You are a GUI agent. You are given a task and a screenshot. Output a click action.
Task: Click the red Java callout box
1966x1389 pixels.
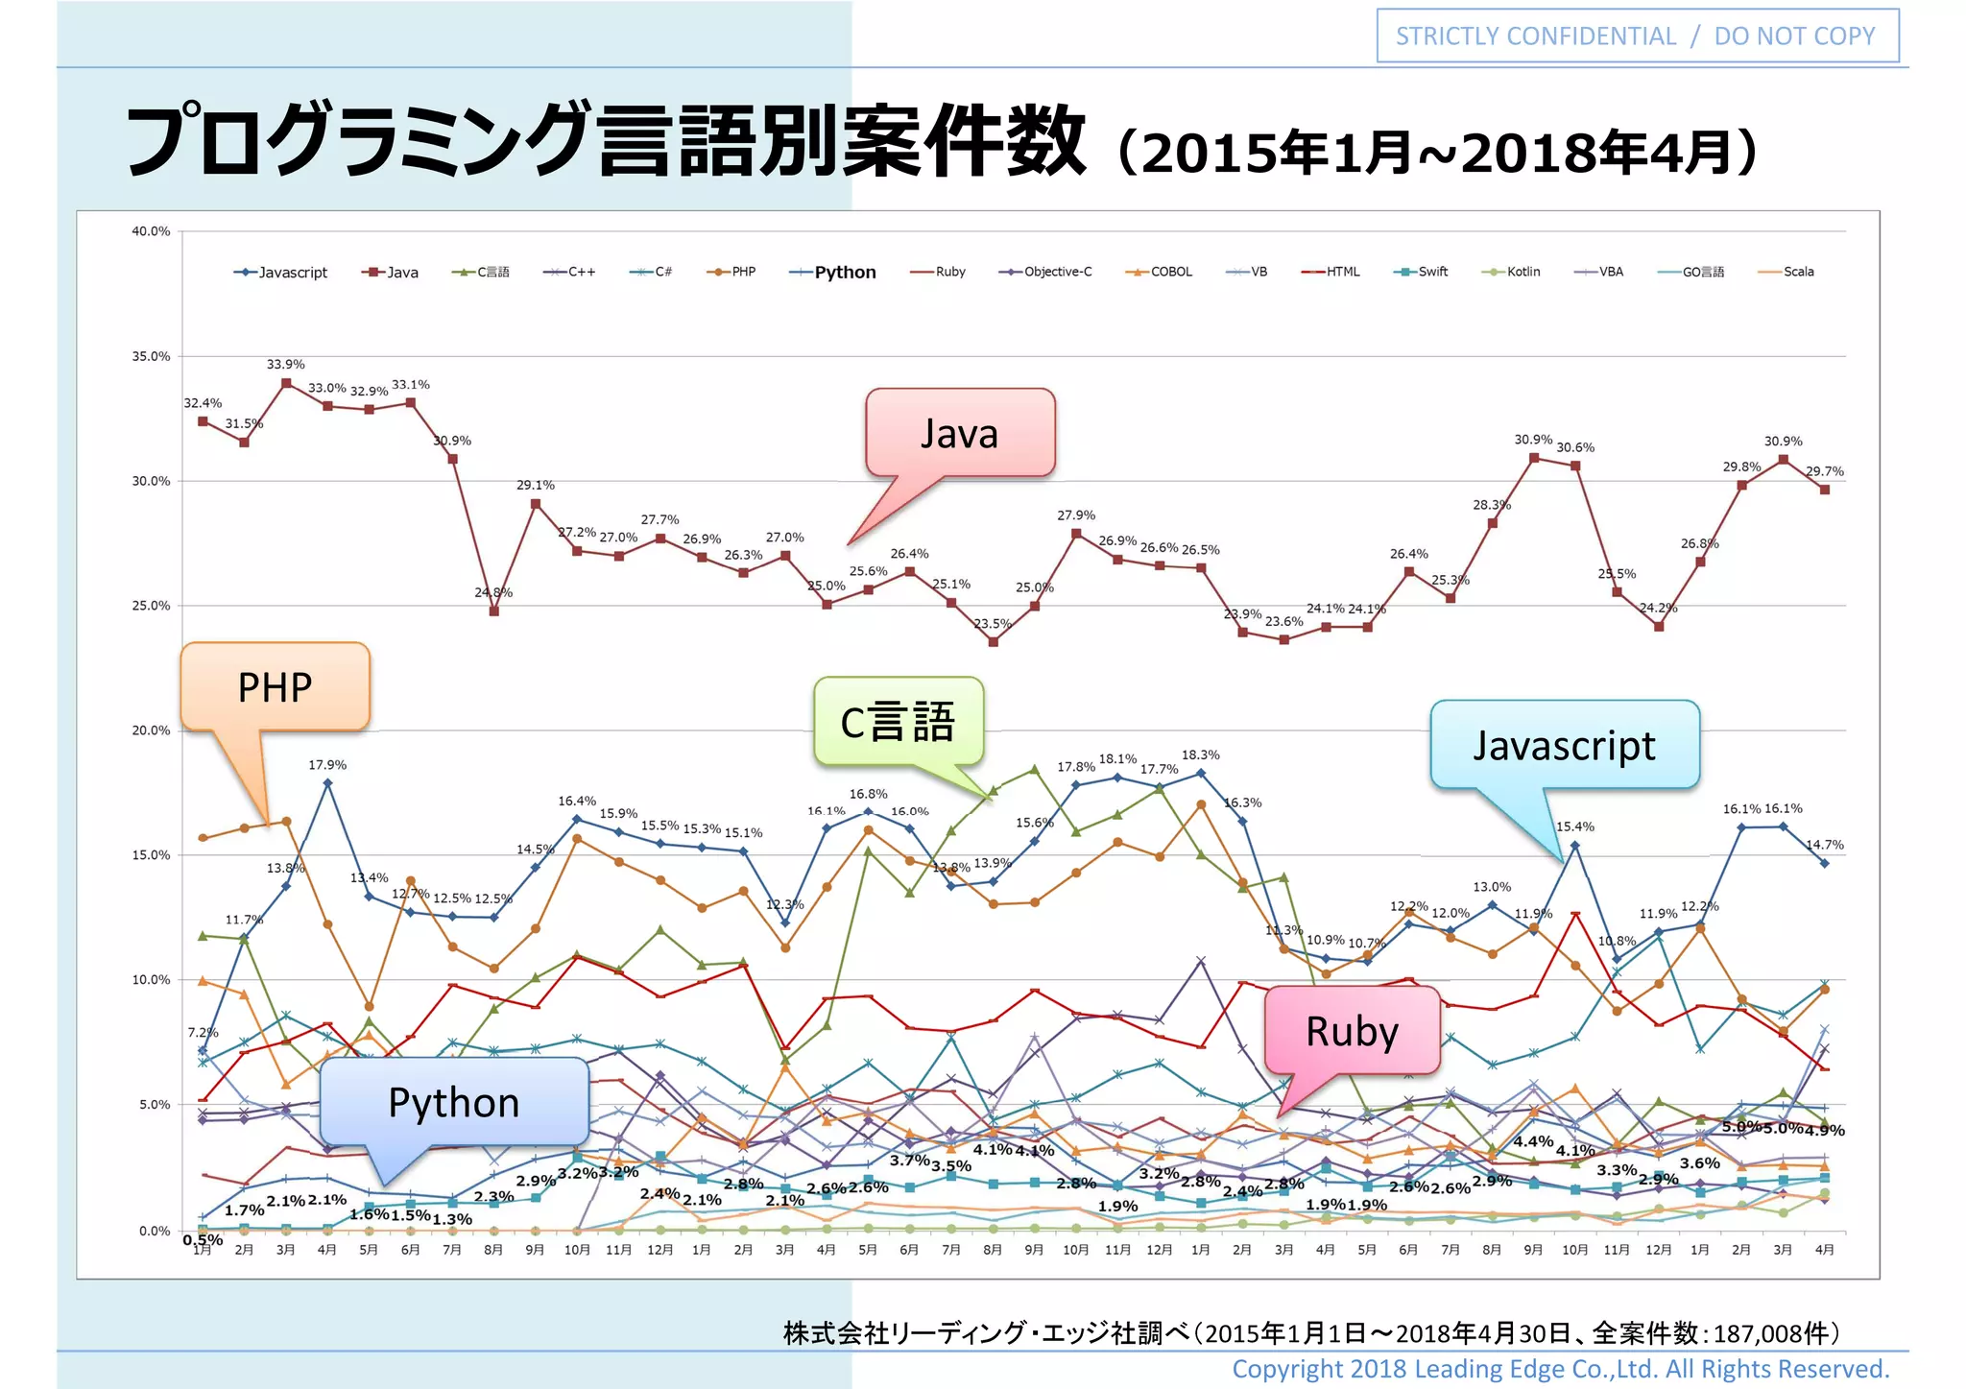960,433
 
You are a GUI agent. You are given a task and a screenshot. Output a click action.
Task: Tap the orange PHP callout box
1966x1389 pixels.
275,687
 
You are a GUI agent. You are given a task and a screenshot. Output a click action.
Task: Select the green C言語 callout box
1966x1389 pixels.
899,722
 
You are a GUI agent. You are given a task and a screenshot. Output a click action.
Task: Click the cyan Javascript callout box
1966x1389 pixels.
1564,745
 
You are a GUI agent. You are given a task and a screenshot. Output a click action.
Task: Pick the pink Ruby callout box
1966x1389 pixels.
1352,1031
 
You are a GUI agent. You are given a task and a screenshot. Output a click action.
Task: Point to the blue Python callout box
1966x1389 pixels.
453,1102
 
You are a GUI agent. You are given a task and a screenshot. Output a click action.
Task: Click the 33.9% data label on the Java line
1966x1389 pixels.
286,364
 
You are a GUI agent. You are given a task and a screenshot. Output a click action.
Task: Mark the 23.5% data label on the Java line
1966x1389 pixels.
993,624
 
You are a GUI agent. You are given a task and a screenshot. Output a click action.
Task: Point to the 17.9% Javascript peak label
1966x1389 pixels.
327,765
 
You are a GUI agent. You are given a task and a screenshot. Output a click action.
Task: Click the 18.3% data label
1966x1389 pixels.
1200,755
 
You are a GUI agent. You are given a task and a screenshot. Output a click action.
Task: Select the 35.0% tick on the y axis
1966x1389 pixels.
151,356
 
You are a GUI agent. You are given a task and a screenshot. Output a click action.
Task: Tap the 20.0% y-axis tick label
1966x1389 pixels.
151,730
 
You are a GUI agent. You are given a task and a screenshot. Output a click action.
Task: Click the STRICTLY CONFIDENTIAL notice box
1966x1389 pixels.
1637,36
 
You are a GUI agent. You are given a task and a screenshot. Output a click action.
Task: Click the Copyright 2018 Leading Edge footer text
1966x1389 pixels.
1560,1369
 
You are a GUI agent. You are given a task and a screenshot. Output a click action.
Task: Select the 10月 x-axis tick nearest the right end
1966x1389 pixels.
1574,1250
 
